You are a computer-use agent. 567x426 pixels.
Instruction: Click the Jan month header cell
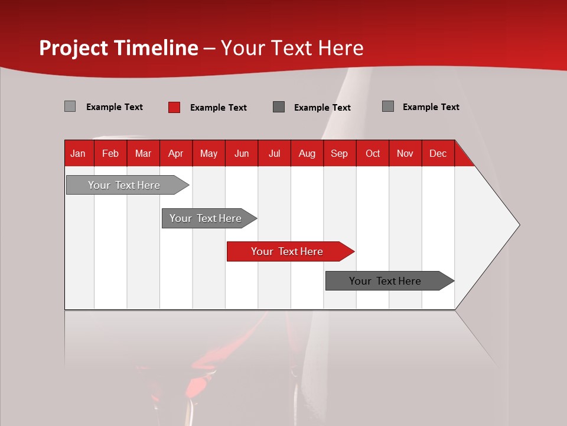[x=79, y=153]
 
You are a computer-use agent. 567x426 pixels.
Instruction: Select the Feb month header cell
[x=110, y=153]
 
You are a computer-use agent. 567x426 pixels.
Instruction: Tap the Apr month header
[x=176, y=153]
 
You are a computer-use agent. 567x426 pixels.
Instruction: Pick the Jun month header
[x=242, y=153]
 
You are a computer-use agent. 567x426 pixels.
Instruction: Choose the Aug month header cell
[x=307, y=153]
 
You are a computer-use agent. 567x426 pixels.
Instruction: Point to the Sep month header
[x=340, y=153]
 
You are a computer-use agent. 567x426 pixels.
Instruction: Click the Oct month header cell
[x=373, y=153]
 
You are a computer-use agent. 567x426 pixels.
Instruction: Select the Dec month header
[x=438, y=153]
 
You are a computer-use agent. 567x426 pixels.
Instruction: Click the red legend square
[x=174, y=107]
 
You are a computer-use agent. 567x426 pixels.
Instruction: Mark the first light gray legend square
[x=70, y=106]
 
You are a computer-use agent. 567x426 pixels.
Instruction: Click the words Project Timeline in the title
[x=119, y=48]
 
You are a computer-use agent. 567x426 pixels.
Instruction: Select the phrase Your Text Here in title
[x=292, y=48]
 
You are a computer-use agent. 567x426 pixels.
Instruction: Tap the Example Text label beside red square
[x=219, y=108]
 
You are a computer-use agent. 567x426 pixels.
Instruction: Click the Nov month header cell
[x=405, y=153]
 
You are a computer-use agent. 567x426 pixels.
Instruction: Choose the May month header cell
[x=208, y=153]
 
